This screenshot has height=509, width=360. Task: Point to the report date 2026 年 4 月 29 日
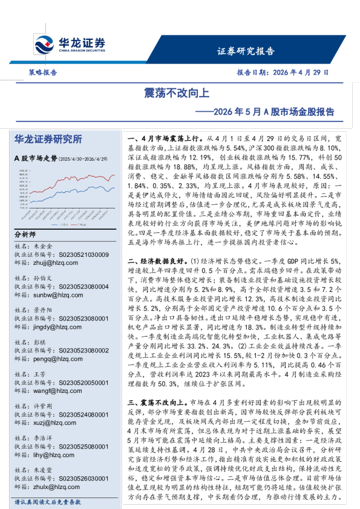click(283, 71)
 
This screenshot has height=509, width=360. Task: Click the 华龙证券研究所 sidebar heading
click(48, 140)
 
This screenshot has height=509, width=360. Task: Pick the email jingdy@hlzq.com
click(56, 326)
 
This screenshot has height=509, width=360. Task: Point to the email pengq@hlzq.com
click(56, 358)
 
